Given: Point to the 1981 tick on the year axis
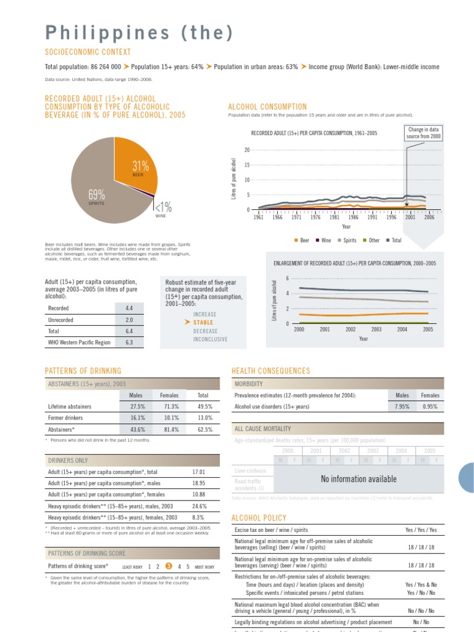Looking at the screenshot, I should point(335,217).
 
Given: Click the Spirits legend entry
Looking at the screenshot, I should point(347,240).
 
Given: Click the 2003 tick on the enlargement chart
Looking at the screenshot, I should point(376,330).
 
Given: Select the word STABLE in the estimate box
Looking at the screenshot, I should point(203,322).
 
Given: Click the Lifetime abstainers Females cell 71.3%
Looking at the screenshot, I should point(169,407).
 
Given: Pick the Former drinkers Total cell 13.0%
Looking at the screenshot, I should point(203,418).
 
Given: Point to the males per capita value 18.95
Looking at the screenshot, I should point(199,483).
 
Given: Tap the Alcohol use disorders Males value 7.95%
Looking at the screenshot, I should point(402,407).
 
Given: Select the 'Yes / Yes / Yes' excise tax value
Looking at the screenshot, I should point(420,530).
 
